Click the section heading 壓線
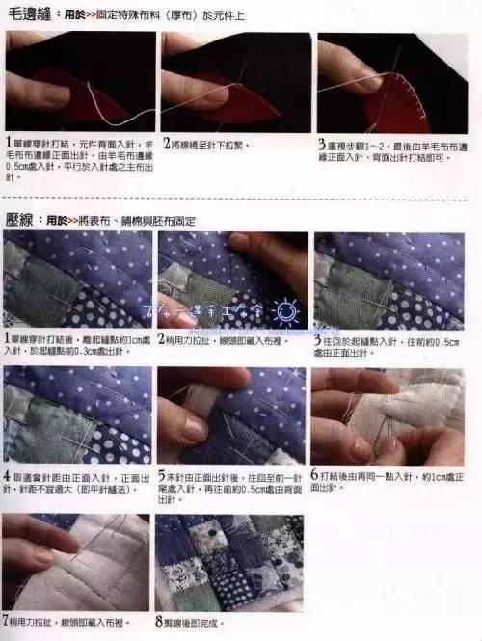pos(22,219)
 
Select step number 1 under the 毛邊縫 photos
pos(8,141)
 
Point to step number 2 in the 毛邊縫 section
pos(165,142)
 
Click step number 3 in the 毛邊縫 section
pos(321,142)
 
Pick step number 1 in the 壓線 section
pos(8,340)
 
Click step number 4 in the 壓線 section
pos(8,477)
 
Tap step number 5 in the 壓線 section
pos(164,477)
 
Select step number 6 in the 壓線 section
pos(316,477)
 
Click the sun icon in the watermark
pos(286,310)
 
